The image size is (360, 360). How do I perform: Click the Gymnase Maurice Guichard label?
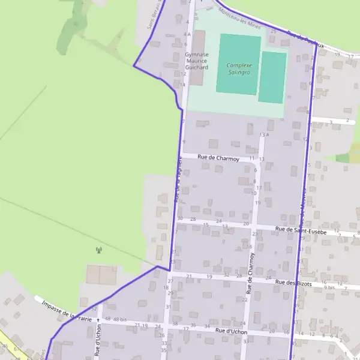point(197,60)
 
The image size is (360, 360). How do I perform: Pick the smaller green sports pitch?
point(272,77)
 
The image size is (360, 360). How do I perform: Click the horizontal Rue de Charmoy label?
point(218,159)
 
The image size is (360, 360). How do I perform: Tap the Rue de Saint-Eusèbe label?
point(301,231)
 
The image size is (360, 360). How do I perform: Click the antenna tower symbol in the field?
point(98,250)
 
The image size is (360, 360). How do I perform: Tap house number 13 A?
point(264,135)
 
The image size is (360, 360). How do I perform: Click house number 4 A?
point(187,34)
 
